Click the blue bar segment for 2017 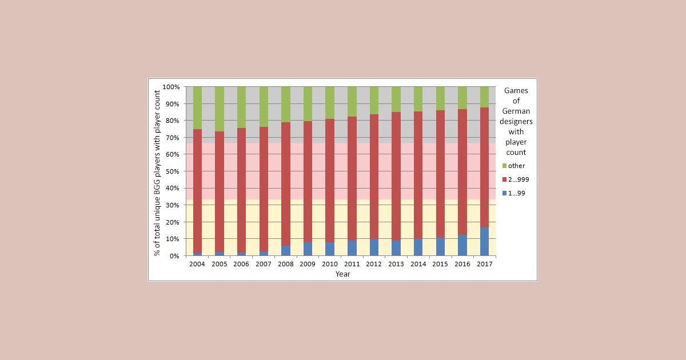484,242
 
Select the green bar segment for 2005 220,109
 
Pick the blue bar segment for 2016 462,245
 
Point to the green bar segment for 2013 396,99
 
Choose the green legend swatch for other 504,166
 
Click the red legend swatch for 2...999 504,179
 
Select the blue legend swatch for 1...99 504,193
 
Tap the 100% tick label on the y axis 171,87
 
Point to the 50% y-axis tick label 173,171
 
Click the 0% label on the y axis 175,256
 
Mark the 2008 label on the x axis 286,265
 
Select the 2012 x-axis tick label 374,265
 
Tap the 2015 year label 440,265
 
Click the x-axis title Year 342,274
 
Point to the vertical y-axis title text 157,171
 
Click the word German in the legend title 516,111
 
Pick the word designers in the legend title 516,121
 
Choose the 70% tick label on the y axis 173,138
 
